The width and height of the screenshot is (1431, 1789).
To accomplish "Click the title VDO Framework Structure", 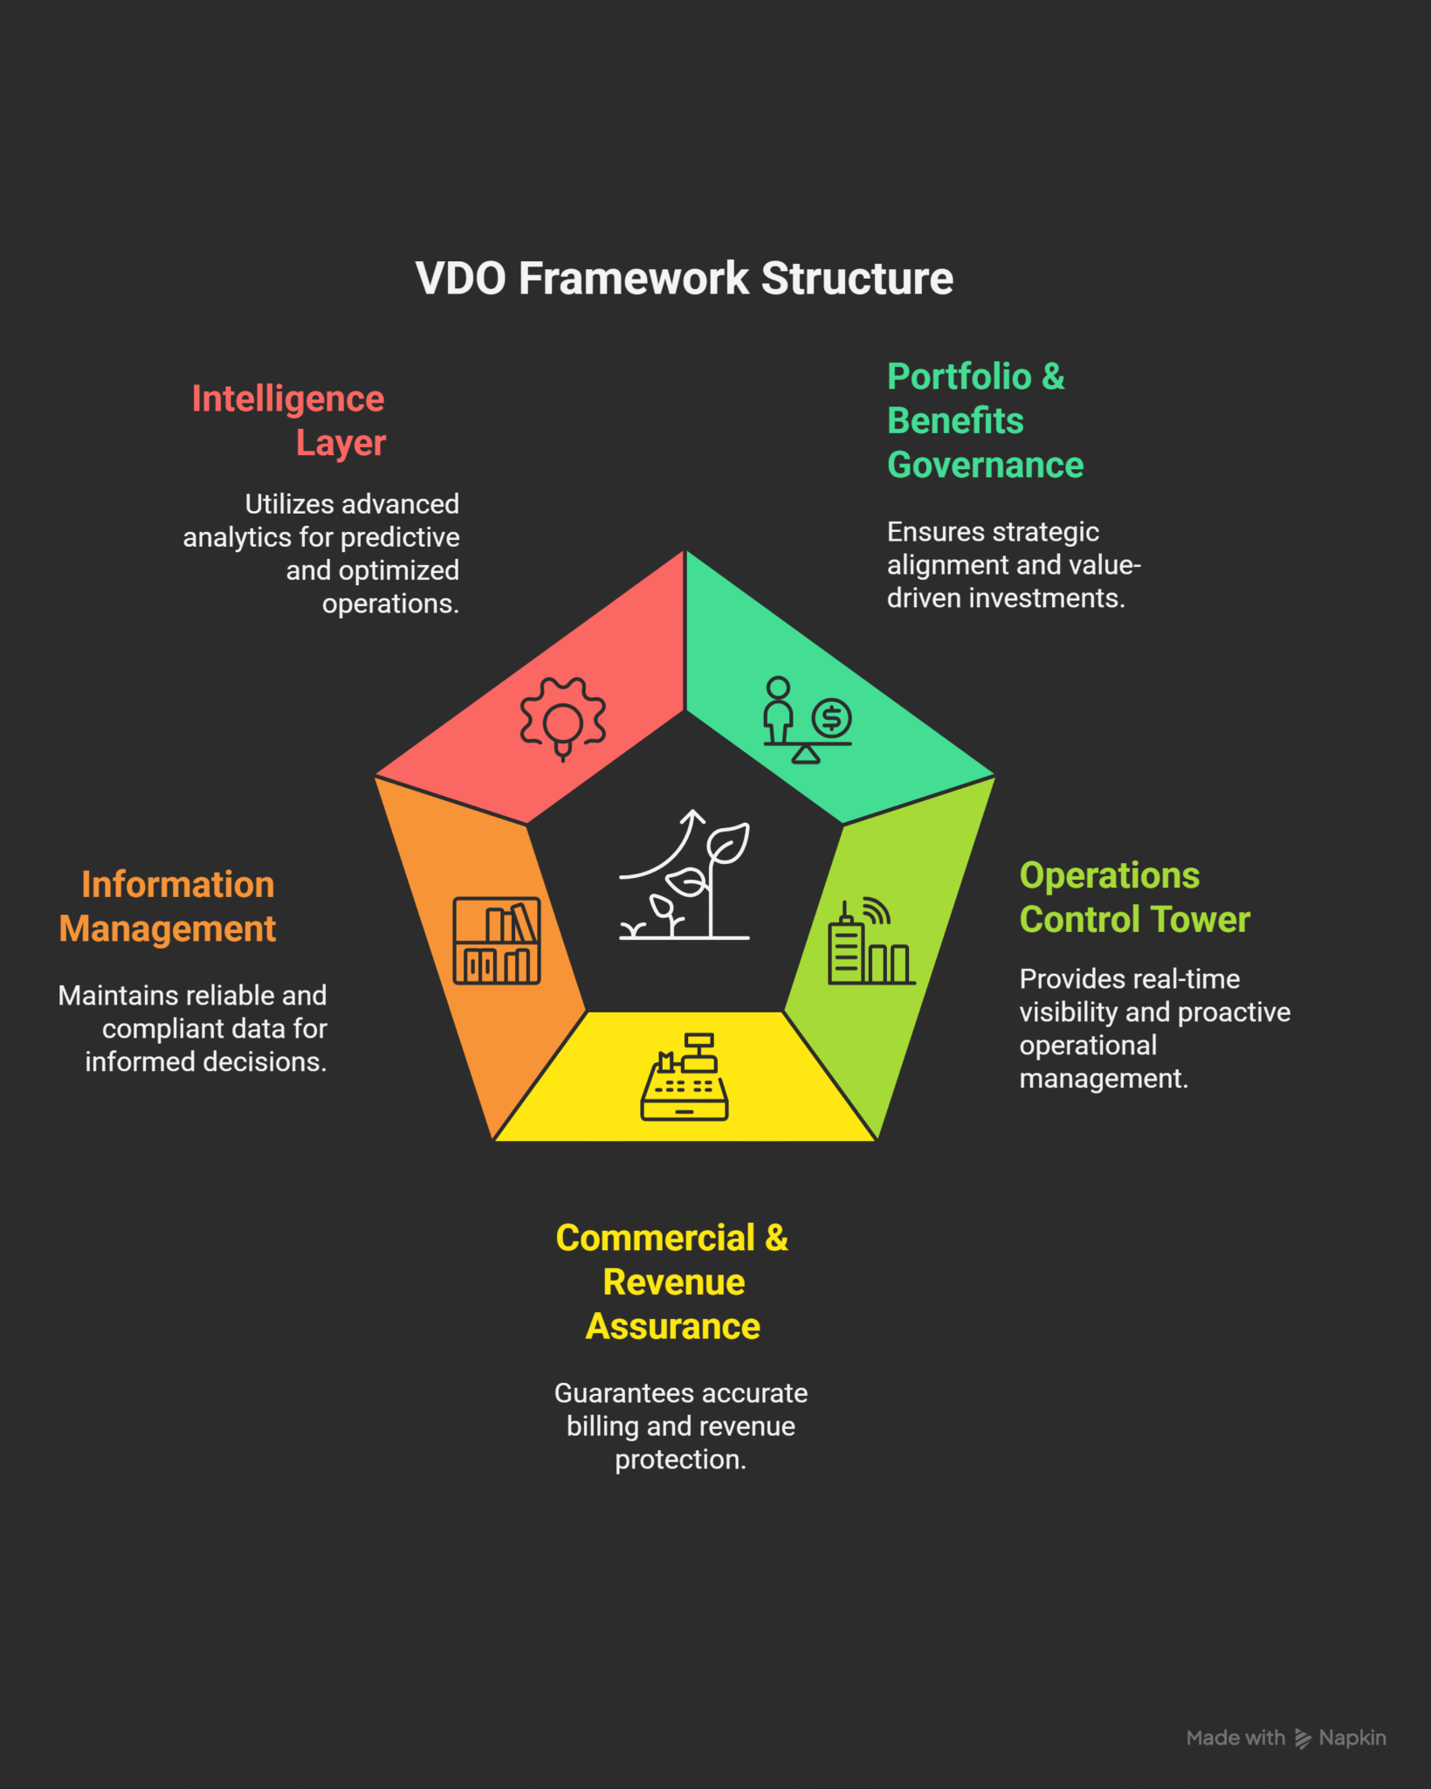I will point(684,279).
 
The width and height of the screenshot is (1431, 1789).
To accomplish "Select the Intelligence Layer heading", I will point(289,420).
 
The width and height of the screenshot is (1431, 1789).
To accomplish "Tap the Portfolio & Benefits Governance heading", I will point(984,420).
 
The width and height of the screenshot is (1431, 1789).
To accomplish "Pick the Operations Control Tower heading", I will point(1134,897).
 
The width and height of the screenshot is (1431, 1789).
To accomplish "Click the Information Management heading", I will point(168,907).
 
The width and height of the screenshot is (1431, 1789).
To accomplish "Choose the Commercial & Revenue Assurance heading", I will point(672,1281).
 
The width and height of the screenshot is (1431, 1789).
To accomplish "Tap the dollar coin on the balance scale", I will point(831,718).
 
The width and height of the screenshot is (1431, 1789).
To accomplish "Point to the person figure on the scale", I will point(778,709).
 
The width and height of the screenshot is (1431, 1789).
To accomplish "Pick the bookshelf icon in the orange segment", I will point(496,941).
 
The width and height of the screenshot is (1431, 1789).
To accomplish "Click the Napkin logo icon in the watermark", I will point(1303,1738).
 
